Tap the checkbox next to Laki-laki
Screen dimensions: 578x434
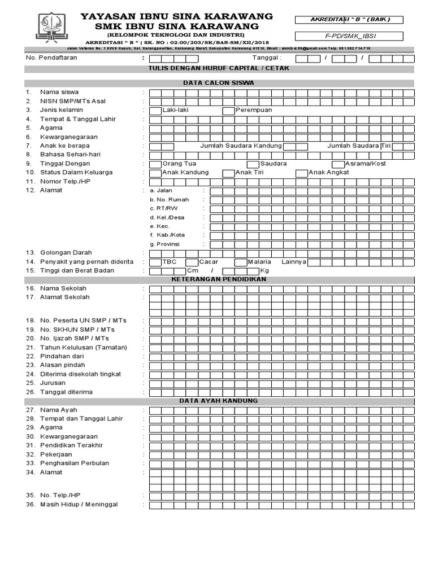click(155, 110)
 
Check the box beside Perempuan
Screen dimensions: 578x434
click(228, 110)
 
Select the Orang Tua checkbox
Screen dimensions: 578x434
click(155, 164)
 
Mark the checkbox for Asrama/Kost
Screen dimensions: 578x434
click(338, 164)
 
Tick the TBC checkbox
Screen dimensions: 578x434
click(155, 262)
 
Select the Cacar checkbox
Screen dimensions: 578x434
click(192, 262)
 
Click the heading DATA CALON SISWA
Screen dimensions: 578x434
click(219, 83)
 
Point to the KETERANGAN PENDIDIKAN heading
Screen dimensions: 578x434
click(219, 279)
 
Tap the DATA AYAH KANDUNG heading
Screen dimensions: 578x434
click(219, 401)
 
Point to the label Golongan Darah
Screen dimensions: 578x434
click(66, 253)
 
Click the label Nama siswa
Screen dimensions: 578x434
click(59, 92)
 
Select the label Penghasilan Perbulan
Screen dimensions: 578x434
click(74, 463)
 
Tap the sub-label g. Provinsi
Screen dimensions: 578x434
click(165, 244)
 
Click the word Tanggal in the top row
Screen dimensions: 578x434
click(266, 58)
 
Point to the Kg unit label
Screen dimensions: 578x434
click(264, 271)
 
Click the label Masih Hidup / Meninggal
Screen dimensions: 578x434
click(83, 504)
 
